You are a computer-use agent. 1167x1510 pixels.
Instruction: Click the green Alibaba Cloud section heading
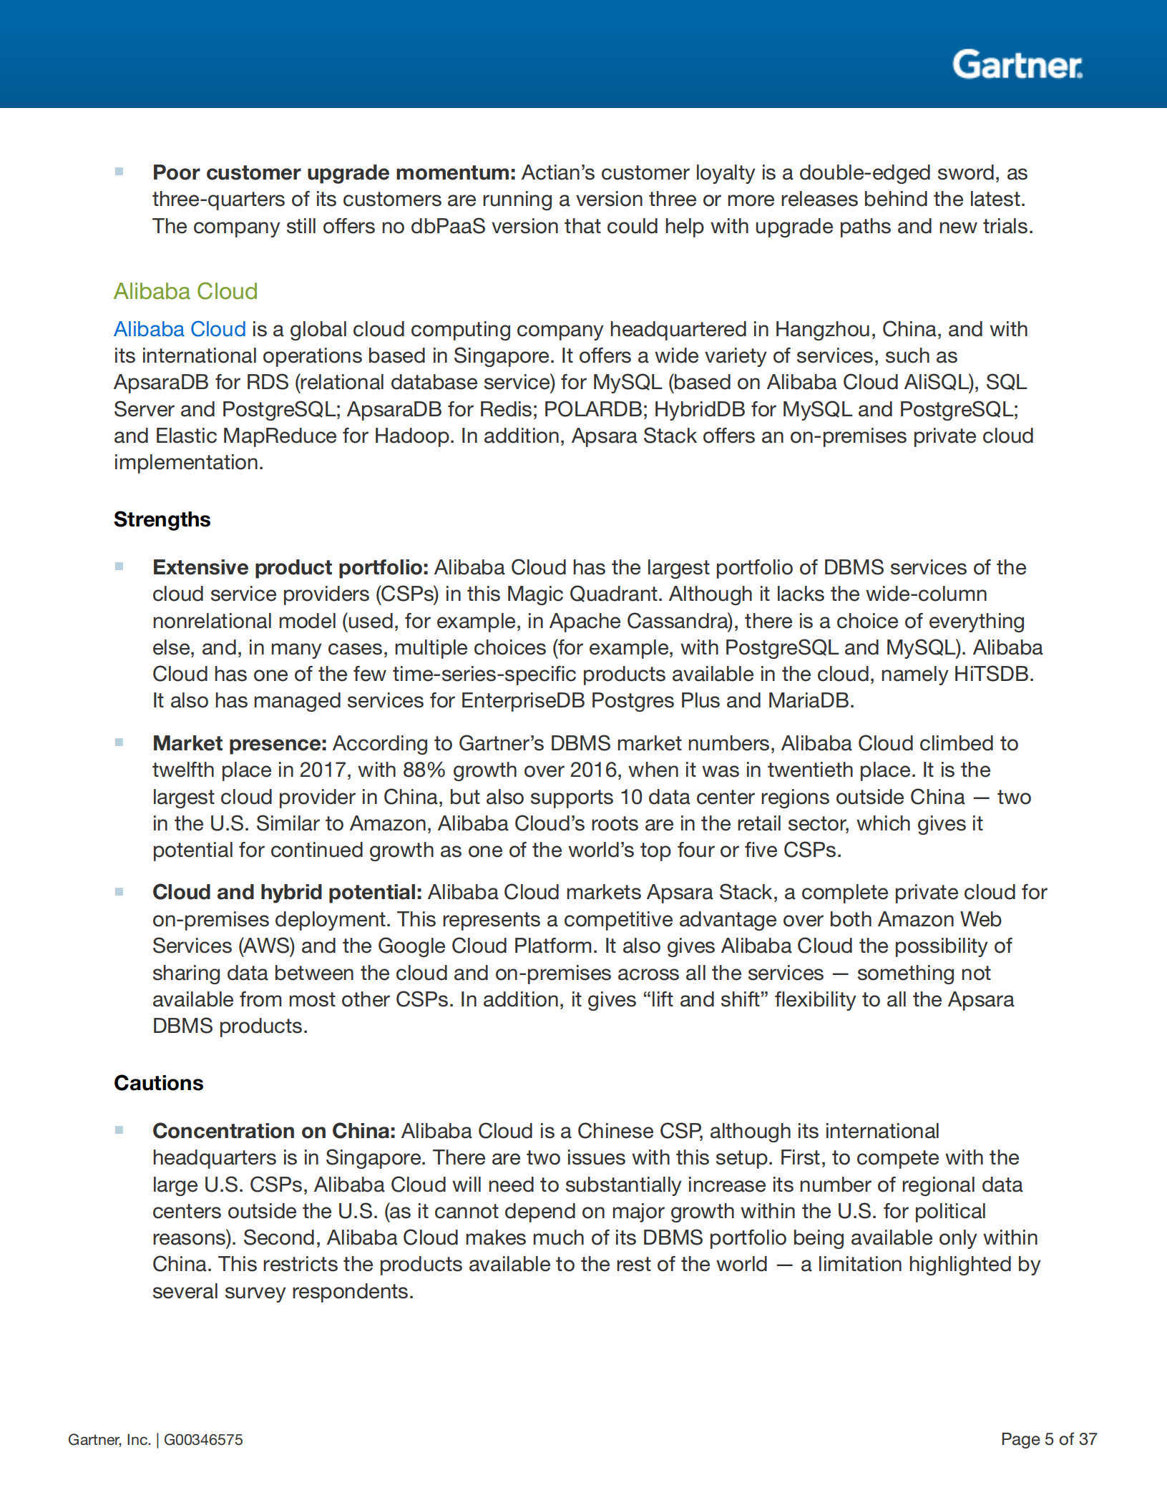point(185,291)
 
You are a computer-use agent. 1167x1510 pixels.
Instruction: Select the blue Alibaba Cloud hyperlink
point(180,329)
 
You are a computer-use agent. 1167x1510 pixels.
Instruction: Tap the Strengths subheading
point(162,519)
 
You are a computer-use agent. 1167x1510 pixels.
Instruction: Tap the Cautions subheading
point(158,1083)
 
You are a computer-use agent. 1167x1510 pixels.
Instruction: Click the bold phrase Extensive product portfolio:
point(290,567)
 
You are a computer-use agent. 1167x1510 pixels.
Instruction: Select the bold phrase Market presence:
point(240,743)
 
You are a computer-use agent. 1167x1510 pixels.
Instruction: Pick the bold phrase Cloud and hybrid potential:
point(287,892)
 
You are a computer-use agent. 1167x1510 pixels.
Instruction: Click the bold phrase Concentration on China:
point(273,1131)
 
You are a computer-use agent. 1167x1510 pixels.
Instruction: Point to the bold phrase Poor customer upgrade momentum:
point(333,172)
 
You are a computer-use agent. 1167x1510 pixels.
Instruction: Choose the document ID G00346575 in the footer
point(203,1440)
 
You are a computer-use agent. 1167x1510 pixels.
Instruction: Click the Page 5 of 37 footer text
point(1048,1439)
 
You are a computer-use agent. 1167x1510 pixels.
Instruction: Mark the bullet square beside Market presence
point(119,742)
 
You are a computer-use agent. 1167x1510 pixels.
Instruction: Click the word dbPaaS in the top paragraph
point(448,226)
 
